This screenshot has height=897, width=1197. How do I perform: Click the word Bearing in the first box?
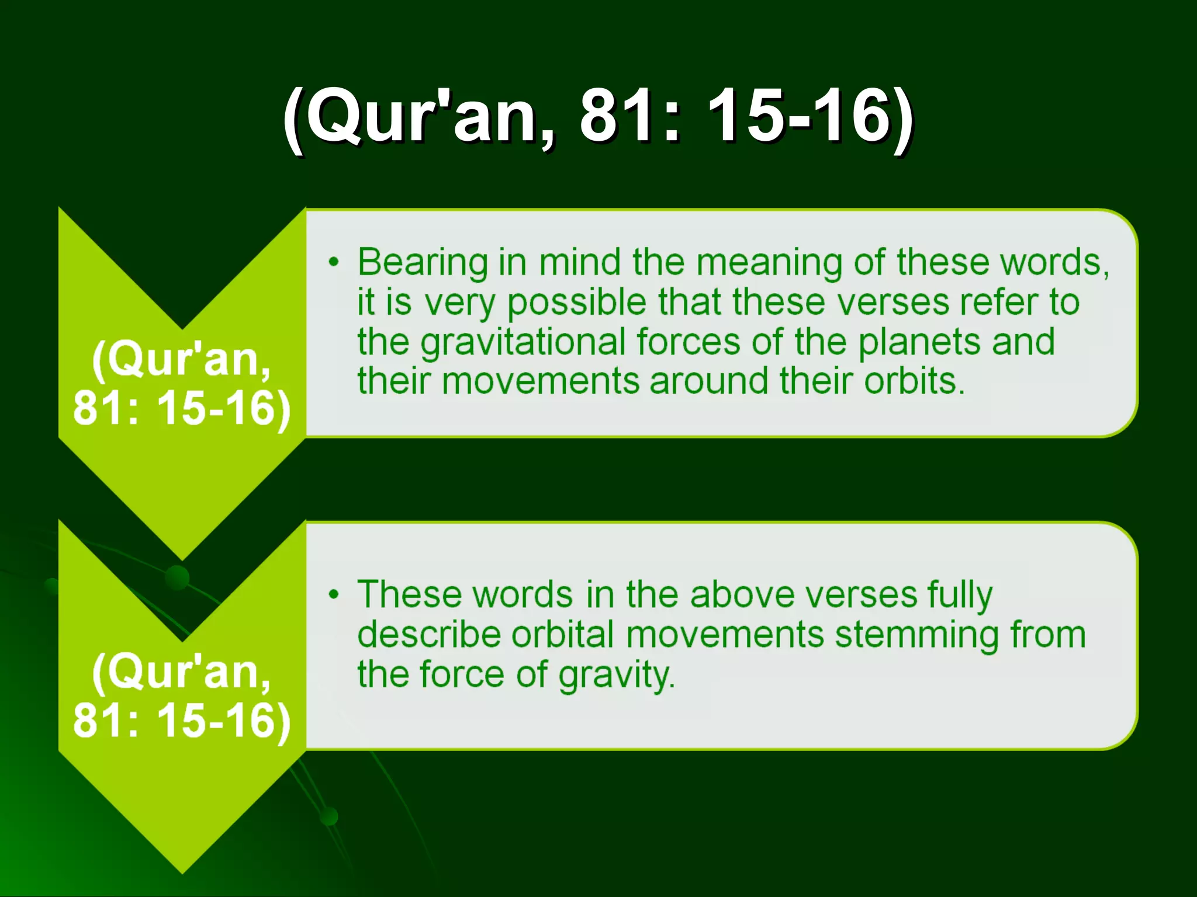[423, 263]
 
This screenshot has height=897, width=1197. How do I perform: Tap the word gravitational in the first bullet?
[523, 342]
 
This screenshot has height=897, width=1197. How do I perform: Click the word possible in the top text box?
[576, 303]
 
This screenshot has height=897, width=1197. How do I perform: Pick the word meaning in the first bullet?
[769, 263]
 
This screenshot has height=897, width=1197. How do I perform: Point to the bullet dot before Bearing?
[333, 262]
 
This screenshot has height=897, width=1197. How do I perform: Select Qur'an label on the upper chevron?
[182, 359]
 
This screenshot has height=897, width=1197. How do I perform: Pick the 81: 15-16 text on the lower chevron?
[182, 720]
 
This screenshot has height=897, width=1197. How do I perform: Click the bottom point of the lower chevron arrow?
[182, 871]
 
